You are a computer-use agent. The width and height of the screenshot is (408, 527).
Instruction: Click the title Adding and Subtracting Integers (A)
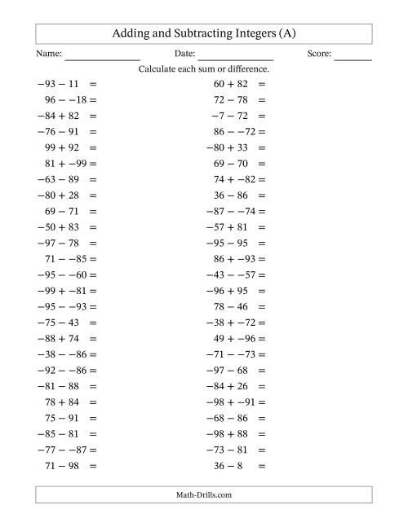pyautogui.click(x=204, y=33)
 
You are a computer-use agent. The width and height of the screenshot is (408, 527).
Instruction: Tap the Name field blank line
pyautogui.click(x=102, y=59)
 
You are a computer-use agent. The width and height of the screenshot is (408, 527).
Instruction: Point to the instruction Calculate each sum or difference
pyautogui.click(x=204, y=69)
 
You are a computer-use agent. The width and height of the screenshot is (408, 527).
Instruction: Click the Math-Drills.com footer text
pyautogui.click(x=204, y=494)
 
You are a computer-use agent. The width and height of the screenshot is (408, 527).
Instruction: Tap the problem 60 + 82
pyautogui.click(x=230, y=84)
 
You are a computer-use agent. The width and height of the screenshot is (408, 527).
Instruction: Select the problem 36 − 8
pyautogui.click(x=230, y=465)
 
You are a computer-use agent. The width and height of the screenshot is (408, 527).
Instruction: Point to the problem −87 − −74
pyautogui.click(x=230, y=211)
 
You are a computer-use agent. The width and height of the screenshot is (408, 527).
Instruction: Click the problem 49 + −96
pyautogui.click(x=230, y=338)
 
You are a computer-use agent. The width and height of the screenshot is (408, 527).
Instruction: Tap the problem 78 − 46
pyautogui.click(x=230, y=306)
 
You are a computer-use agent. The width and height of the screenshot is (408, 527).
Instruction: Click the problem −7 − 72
pyautogui.click(x=230, y=116)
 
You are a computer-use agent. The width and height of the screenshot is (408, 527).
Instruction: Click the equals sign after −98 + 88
pyautogui.click(x=261, y=433)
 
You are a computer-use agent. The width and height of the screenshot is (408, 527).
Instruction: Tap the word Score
pyautogui.click(x=320, y=54)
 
